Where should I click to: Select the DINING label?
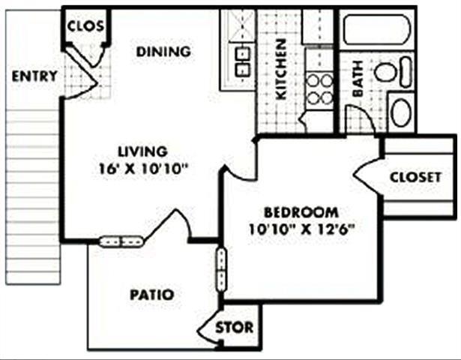[163, 52]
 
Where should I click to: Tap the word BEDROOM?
[299, 212]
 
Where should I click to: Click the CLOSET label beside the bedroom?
[416, 177]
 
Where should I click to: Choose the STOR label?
[235, 328]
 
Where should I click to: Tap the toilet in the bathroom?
[393, 73]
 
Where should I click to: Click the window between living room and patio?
[121, 241]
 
